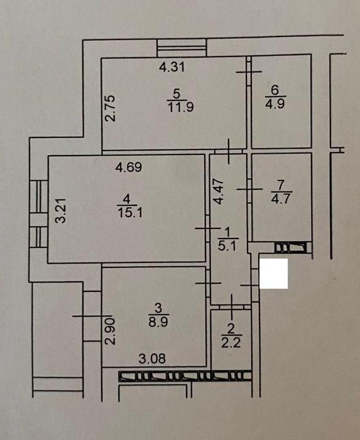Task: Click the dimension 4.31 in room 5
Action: tap(172, 67)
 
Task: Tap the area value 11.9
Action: tap(180, 107)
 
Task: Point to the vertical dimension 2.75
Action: tap(110, 109)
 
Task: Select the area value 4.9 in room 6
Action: tap(275, 104)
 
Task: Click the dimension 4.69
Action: tap(129, 167)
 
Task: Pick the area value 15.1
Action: tap(129, 212)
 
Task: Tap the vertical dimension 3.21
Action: tap(61, 210)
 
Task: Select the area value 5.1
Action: tap(227, 245)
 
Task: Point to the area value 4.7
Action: tap(281, 198)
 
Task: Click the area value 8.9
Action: tap(158, 321)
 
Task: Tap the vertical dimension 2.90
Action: tap(110, 331)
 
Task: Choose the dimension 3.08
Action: tap(152, 358)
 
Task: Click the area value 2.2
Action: tap(231, 342)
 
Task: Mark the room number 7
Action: tap(281, 185)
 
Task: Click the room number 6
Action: tap(275, 90)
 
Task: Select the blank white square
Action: tap(273, 274)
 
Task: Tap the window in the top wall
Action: tap(182, 48)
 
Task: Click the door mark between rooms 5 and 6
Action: tap(249, 72)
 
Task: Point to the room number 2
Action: tap(231, 329)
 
